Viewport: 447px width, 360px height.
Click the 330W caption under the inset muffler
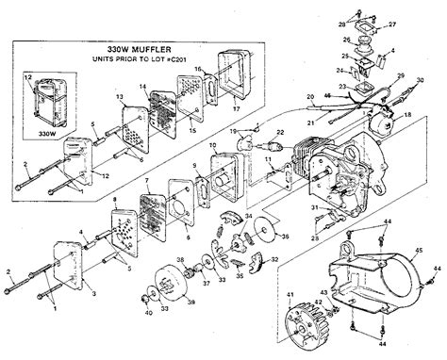click(x=46, y=134)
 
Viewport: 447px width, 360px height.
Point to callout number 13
click(x=120, y=98)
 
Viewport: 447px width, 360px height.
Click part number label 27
click(x=392, y=24)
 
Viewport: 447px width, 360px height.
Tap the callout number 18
click(x=407, y=114)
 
